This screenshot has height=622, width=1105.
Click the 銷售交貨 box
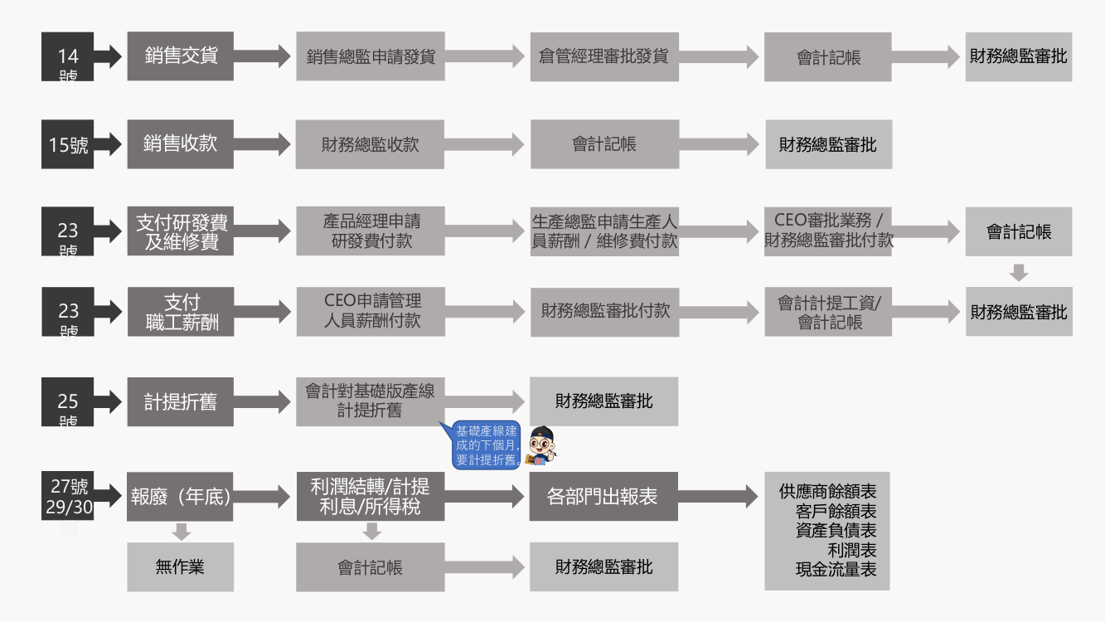click(180, 56)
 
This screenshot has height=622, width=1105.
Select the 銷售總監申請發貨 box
click(371, 56)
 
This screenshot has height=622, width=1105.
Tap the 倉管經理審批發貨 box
click(604, 56)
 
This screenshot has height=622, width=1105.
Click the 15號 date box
click(68, 144)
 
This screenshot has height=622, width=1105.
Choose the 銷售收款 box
click(180, 144)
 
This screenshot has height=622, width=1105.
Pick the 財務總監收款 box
click(371, 144)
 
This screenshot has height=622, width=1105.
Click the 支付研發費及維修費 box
click(180, 231)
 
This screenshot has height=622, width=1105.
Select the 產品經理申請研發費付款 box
click(371, 231)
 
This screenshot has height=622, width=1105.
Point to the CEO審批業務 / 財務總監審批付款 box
click(828, 231)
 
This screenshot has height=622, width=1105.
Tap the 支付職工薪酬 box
click(180, 311)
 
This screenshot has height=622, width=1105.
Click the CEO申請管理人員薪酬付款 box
click(371, 311)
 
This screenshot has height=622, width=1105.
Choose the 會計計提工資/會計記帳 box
click(828, 311)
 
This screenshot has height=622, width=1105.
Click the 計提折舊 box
click(180, 402)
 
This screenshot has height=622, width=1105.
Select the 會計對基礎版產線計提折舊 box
click(371, 401)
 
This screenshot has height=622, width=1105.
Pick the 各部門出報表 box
click(603, 496)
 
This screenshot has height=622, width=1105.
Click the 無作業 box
click(180, 566)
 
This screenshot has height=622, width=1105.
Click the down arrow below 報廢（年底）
click(181, 531)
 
